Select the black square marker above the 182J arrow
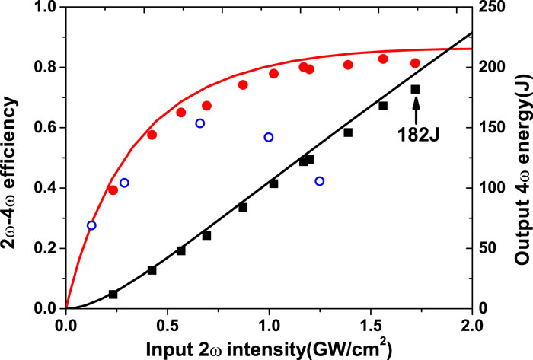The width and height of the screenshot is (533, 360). (415, 90)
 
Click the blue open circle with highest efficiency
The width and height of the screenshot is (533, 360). (200, 123)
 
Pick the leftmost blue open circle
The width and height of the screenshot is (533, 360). (92, 225)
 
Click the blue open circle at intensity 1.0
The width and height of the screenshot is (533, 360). (269, 138)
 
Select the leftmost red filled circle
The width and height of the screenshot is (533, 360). (113, 190)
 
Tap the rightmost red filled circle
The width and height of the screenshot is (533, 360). (415, 63)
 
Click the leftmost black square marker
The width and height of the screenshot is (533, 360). (113, 294)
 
